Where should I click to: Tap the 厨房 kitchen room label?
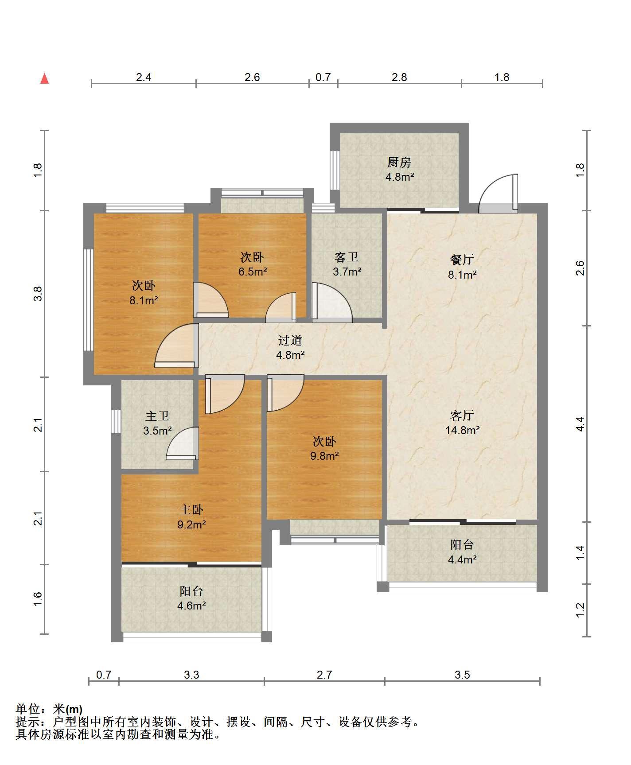pyautogui.click(x=399, y=163)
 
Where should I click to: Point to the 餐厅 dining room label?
pyautogui.click(x=462, y=260)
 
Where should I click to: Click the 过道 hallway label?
pyautogui.click(x=290, y=340)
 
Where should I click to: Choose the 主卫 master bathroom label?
pyautogui.click(x=157, y=416)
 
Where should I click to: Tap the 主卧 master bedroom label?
pyautogui.click(x=191, y=510)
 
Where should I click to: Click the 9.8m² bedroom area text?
pyautogui.click(x=324, y=456)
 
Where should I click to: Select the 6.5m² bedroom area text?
pyautogui.click(x=252, y=272)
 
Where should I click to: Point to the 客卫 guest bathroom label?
pyautogui.click(x=347, y=257)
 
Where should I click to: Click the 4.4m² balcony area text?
pyautogui.click(x=462, y=559)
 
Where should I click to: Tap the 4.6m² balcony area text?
pyautogui.click(x=191, y=606)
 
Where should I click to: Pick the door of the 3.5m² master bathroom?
pyautogui.click(x=182, y=443)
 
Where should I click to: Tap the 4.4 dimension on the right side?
pyautogui.click(x=580, y=424)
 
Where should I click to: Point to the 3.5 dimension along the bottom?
pyautogui.click(x=462, y=675)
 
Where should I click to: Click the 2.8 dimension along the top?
pyautogui.click(x=399, y=77)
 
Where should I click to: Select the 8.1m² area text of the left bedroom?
pyautogui.click(x=144, y=301)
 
